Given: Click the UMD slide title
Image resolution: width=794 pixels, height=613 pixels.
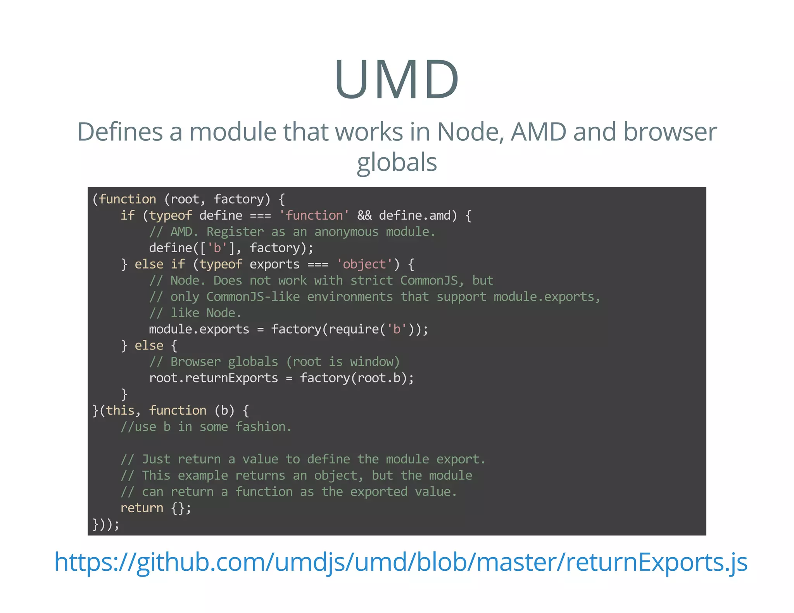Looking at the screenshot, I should coord(397,79).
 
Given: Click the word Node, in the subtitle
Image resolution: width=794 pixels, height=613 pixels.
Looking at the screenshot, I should coord(470,132).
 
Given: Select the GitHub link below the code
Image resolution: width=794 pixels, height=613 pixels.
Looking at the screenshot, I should coord(400,562).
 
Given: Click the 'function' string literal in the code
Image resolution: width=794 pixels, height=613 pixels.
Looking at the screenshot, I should coord(314,215).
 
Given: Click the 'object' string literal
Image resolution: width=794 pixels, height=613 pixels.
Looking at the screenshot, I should coord(364,264).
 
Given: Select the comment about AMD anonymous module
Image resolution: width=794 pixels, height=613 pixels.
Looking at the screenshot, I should coord(292,232).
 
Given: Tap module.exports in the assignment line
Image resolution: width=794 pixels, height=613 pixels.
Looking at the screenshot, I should coord(199,329).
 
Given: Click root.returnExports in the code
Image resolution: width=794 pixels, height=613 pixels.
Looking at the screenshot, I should coord(213,378).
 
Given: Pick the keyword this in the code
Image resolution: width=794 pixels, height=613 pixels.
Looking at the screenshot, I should coord(120,410).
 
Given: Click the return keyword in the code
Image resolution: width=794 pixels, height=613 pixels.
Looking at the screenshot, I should coord(142,508).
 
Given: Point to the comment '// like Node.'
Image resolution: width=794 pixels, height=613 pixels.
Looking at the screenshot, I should coord(195,313).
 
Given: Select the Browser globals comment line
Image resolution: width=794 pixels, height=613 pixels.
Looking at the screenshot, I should coord(274,362).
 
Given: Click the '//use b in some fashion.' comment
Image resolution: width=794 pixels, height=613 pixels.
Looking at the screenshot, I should coord(206,427).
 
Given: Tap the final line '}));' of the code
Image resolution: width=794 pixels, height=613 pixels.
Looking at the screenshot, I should coord(106,524).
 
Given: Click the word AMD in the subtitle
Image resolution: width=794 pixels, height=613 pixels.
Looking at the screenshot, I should coord(539,132).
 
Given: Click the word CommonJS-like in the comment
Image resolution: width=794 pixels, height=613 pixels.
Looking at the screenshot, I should coord(253,297).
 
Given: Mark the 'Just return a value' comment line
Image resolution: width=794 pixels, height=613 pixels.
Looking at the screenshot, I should coord(303,459).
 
